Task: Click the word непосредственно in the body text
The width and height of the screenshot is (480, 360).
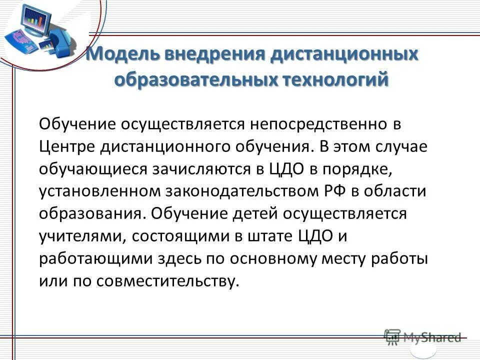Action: click(325, 123)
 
